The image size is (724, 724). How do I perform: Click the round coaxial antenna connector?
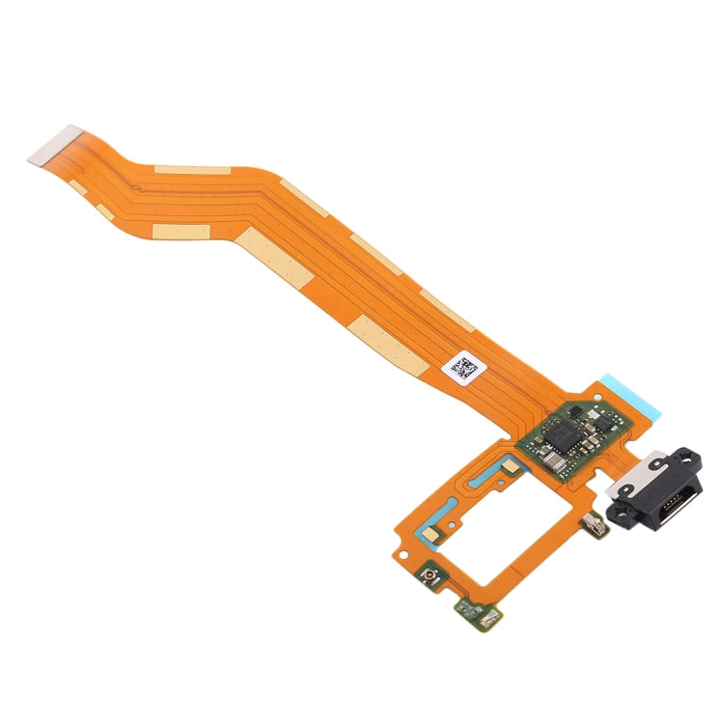coord(427,578)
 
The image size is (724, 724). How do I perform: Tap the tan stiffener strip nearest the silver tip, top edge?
coord(192,170)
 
